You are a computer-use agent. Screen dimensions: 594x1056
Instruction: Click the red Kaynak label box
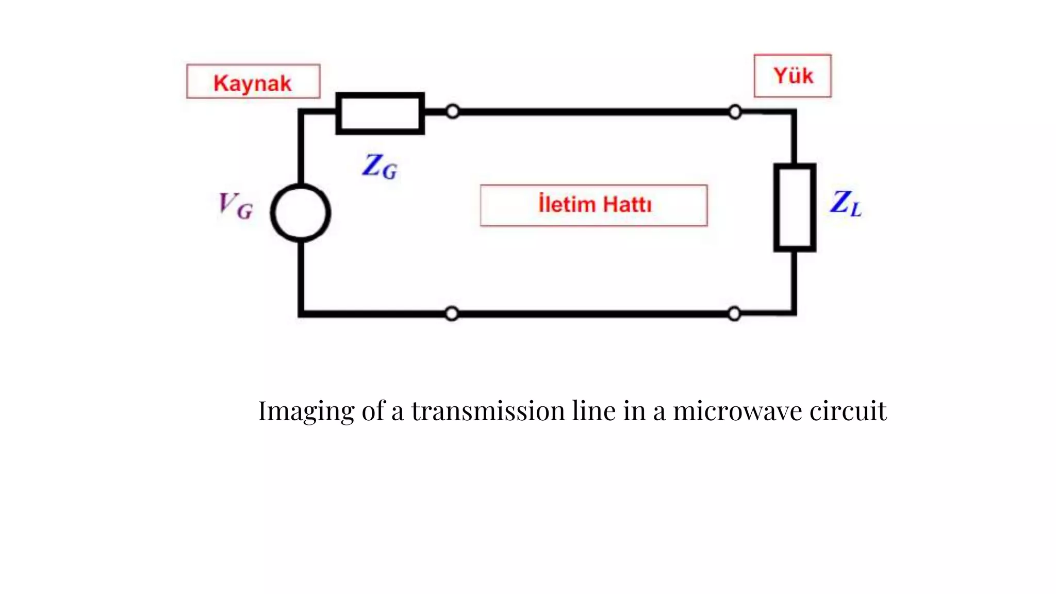[253, 81]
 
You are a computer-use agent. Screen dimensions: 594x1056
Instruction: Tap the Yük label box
[793, 76]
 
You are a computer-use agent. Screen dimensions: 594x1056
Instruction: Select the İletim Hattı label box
[593, 205]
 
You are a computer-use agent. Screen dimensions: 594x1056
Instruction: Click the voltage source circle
[301, 213]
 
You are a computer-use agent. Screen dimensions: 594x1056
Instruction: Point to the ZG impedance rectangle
[380, 113]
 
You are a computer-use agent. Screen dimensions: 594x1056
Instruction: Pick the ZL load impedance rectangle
[795, 207]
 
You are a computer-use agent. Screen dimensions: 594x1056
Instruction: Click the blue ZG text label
[379, 167]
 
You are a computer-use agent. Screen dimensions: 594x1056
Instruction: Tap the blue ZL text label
[845, 203]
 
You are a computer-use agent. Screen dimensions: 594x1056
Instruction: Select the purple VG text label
[236, 206]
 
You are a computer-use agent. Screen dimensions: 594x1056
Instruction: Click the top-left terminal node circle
[452, 111]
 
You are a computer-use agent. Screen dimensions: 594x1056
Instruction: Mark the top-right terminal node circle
[735, 112]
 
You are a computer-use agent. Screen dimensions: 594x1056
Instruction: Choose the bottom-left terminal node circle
[452, 313]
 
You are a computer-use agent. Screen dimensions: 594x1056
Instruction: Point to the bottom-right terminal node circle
[734, 313]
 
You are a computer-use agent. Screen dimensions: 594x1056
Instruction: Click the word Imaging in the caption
[306, 411]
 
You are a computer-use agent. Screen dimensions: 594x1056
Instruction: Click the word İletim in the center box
[567, 204]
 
